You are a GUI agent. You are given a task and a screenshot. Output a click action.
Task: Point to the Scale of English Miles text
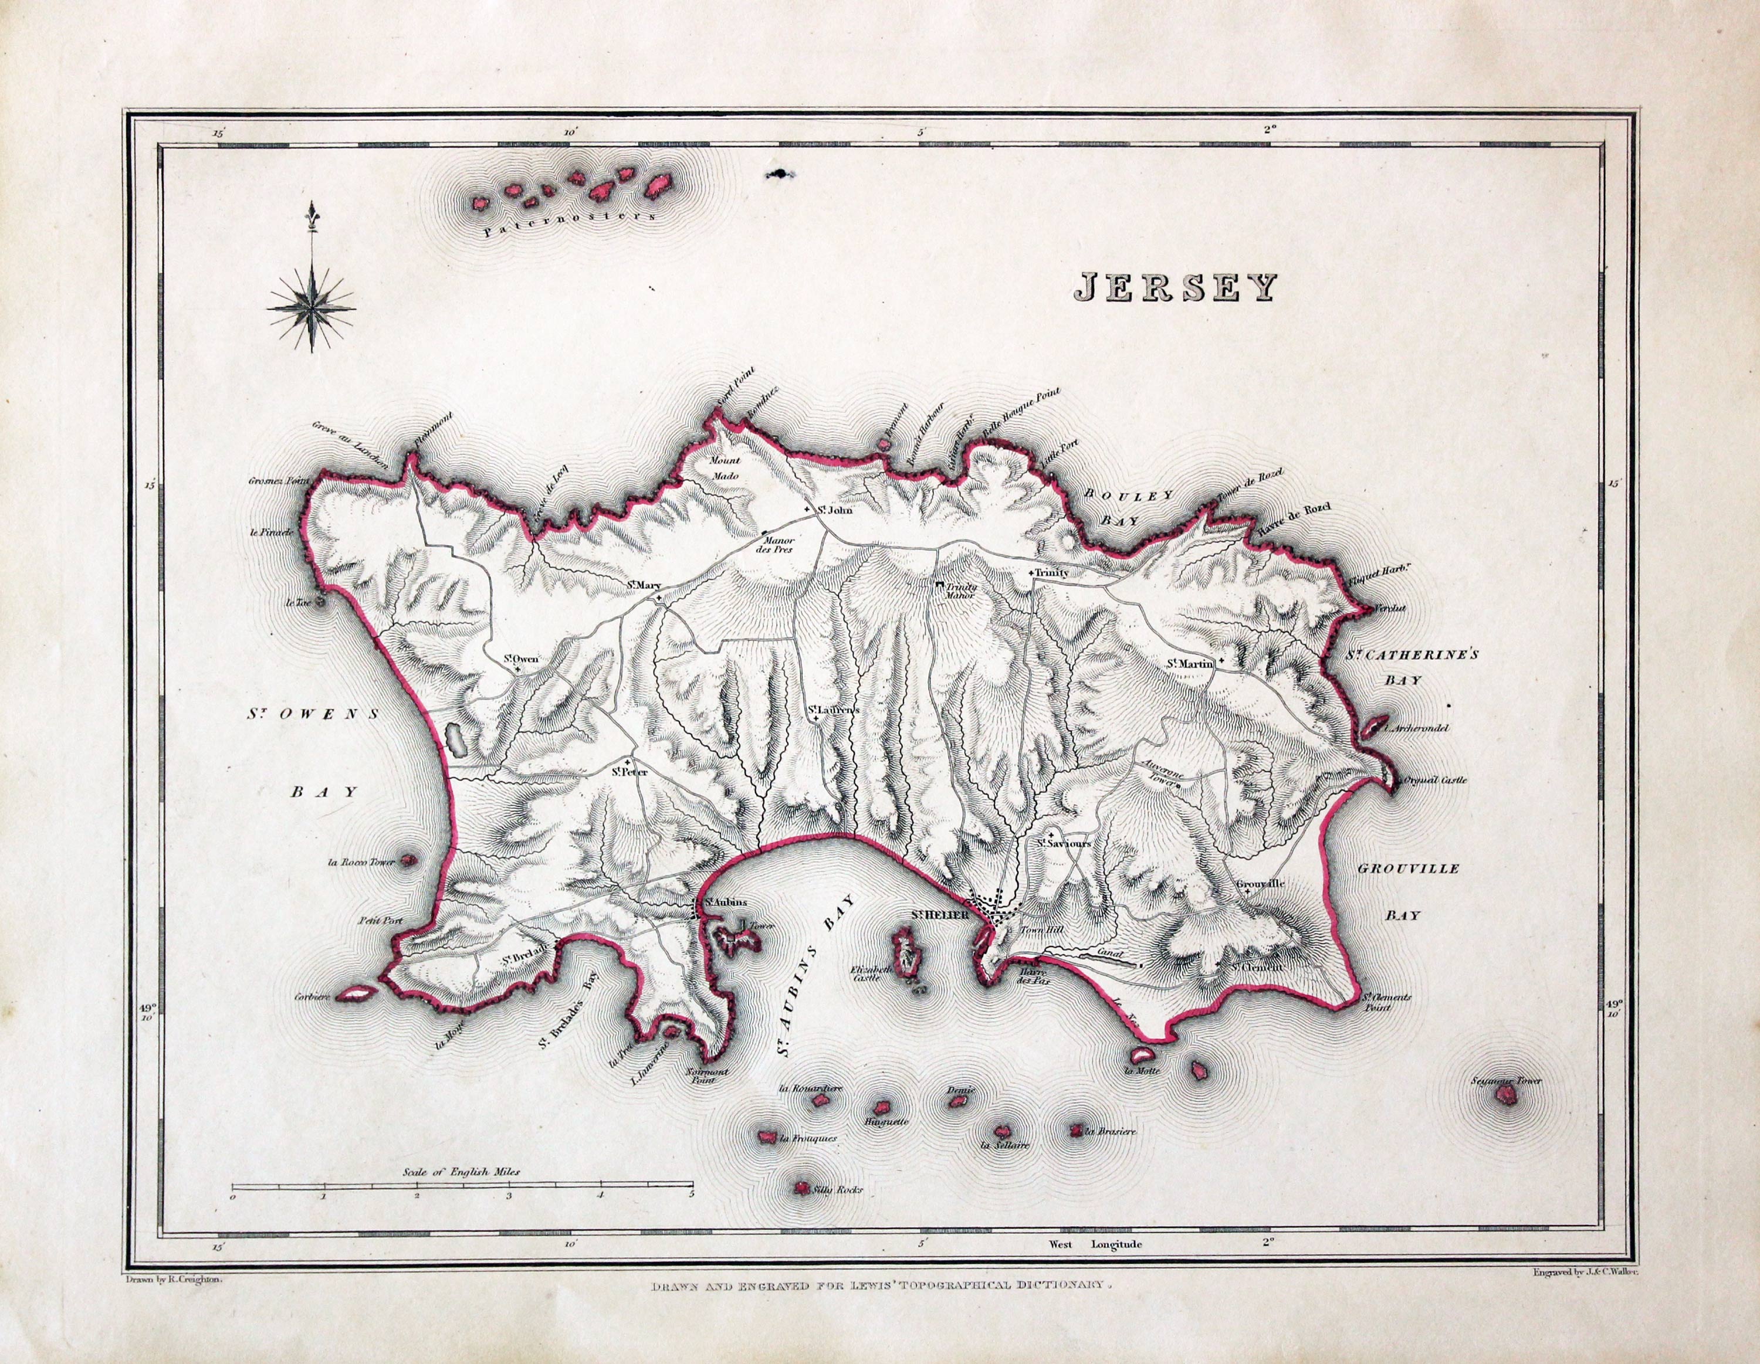462,1172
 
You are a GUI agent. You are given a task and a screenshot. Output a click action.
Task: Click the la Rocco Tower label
362,862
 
